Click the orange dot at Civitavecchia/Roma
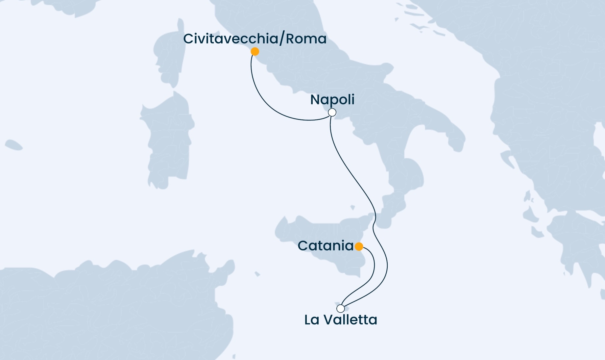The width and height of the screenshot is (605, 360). coord(254,52)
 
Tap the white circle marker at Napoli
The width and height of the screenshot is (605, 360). coord(332,113)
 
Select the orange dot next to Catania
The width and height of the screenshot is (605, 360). coord(359,246)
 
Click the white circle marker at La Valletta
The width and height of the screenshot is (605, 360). coord(341,309)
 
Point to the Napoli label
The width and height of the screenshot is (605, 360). coord(332,99)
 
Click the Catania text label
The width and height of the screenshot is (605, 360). coord(325,246)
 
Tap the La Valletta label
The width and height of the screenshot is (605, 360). coord(341,320)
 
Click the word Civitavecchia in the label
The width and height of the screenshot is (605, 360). coord(230,39)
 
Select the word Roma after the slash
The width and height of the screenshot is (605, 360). coord(306,39)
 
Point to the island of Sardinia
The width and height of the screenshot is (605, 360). coord(168,141)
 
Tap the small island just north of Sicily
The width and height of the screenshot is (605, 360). coord(352,208)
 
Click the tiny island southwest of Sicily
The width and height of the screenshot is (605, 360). coord(257,274)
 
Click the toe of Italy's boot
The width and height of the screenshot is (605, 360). coord(388,211)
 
